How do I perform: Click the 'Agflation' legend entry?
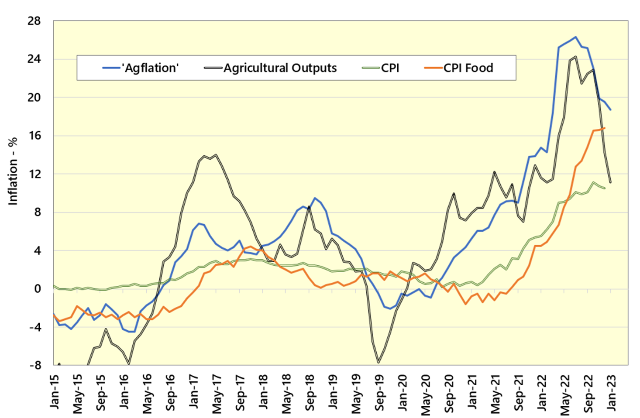point(141,68)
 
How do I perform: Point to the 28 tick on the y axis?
point(34,21)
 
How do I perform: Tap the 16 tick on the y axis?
point(34,136)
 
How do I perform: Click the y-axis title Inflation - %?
point(13,171)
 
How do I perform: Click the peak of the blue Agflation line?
point(575,37)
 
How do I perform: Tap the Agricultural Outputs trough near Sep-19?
point(378,362)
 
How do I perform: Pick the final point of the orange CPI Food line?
point(604,128)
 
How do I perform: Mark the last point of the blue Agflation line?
point(610,110)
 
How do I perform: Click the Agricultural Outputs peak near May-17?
point(216,155)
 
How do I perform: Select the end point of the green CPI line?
point(604,188)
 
